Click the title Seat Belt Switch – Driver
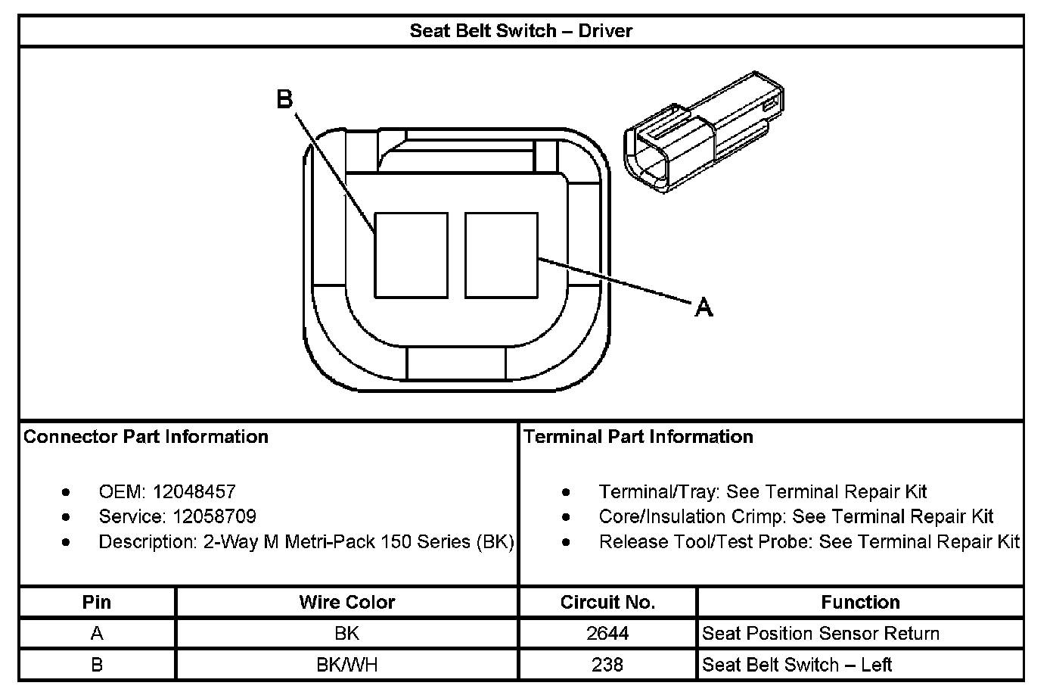click(520, 31)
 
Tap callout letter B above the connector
click(284, 99)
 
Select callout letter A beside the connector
click(704, 307)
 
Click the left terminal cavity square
click(412, 255)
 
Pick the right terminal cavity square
click(501, 255)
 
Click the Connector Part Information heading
click(146, 437)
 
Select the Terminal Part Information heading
click(638, 437)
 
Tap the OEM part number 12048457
click(194, 491)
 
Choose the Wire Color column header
click(346, 602)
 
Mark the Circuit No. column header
click(607, 602)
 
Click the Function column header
click(860, 602)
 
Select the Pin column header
click(97, 602)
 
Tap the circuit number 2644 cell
click(607, 633)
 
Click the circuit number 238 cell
click(607, 665)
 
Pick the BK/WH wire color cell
click(346, 665)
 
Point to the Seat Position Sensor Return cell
click(821, 633)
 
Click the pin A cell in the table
click(97, 633)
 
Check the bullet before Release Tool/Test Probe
click(567, 542)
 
